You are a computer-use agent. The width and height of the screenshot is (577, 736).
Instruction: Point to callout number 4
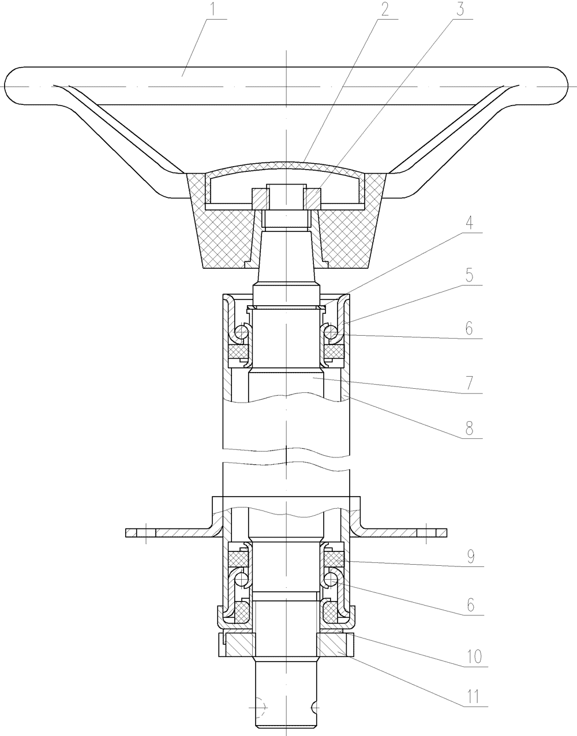point(469,223)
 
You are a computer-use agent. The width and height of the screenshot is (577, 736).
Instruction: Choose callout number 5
point(469,276)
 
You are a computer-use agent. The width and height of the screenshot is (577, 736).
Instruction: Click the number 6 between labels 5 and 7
point(469,328)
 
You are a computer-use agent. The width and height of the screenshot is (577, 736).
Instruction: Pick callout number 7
point(469,383)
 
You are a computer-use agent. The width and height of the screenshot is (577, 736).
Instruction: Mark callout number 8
point(469,429)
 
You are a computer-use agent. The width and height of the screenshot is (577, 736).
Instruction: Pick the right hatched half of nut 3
point(312,199)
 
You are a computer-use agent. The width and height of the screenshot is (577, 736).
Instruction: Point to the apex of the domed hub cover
point(286,162)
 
